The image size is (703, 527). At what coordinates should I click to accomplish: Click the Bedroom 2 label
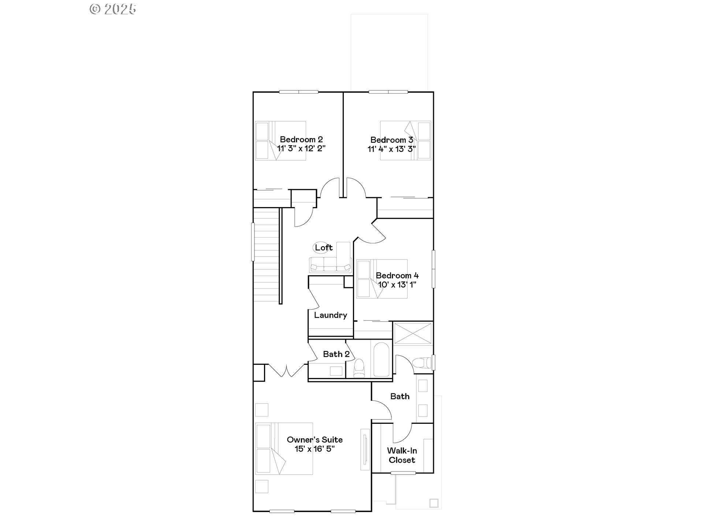pyautogui.click(x=301, y=139)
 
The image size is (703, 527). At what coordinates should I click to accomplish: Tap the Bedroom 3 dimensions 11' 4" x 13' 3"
pyautogui.click(x=391, y=149)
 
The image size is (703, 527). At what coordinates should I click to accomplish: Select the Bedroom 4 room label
pyautogui.click(x=397, y=276)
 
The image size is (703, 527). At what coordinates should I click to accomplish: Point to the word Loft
pyautogui.click(x=324, y=248)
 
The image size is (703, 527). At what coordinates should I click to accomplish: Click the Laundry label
pyautogui.click(x=330, y=315)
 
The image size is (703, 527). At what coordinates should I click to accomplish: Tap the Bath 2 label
pyautogui.click(x=336, y=354)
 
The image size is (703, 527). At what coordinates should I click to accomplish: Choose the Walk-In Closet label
pyautogui.click(x=402, y=455)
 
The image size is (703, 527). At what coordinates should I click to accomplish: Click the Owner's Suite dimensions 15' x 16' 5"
pyautogui.click(x=315, y=449)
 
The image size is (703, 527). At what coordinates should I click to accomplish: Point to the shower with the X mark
pyautogui.click(x=413, y=333)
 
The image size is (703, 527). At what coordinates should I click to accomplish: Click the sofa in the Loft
pyautogui.click(x=330, y=264)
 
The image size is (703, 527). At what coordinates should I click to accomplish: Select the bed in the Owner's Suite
pyautogui.click(x=284, y=449)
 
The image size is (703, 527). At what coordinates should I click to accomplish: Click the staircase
pyautogui.click(x=266, y=254)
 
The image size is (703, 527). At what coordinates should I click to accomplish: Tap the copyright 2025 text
pyautogui.click(x=113, y=10)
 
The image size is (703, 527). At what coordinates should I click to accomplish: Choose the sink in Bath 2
pyautogui.click(x=336, y=371)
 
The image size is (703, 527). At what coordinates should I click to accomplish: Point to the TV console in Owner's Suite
pyautogui.click(x=365, y=449)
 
